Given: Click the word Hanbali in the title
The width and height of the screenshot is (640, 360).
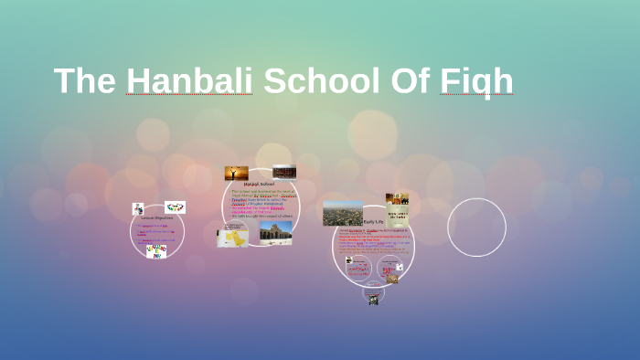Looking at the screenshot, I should pyautogui.click(x=189, y=80).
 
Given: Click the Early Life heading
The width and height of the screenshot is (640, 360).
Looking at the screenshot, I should pyautogui.click(x=373, y=222).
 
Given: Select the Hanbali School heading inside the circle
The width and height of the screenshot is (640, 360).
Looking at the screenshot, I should pyautogui.click(x=260, y=184).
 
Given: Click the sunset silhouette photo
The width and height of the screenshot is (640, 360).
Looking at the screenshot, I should pyautogui.click(x=237, y=173).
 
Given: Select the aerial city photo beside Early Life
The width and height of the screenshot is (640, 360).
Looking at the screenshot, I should pyautogui.click(x=343, y=213).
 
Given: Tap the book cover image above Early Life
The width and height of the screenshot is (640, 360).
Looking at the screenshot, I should pyautogui.click(x=397, y=203).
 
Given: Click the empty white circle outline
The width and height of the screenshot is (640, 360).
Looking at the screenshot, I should pyautogui.click(x=476, y=227).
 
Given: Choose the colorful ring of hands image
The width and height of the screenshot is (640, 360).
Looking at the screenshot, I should pyautogui.click(x=175, y=207).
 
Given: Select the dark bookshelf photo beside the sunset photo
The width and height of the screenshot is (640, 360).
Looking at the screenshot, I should pyautogui.click(x=284, y=172).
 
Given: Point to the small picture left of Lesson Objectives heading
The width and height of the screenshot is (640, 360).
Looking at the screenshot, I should pyautogui.click(x=138, y=209).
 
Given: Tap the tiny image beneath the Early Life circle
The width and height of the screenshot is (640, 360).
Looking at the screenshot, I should pyautogui.click(x=373, y=299).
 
